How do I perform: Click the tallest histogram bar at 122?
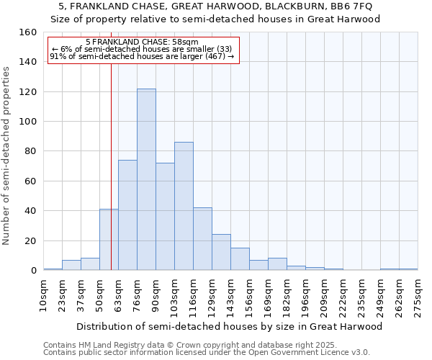coord(146,179)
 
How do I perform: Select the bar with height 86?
coord(184,206)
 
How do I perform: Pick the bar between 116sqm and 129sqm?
coord(202,238)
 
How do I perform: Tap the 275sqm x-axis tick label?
coord(418,296)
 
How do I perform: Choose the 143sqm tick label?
coord(230,296)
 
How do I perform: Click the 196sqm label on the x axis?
coord(305,296)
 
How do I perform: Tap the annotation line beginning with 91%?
coord(142,57)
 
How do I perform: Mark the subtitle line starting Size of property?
coord(215,19)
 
